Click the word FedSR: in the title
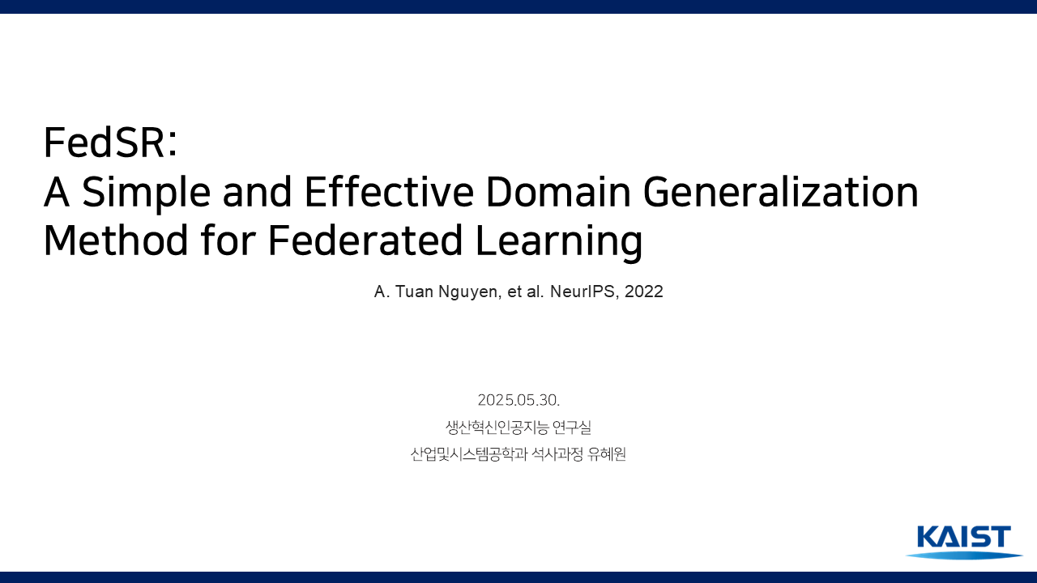110,142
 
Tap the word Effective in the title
390,191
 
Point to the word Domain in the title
558,191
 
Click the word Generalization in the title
780,191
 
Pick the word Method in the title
116,240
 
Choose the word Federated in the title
365,240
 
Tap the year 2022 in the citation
643,291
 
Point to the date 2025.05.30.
518,400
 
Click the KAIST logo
964,543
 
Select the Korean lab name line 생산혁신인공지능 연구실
518,427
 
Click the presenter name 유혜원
607,454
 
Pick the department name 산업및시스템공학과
469,454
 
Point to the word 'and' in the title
257,191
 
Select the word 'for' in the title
228,240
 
